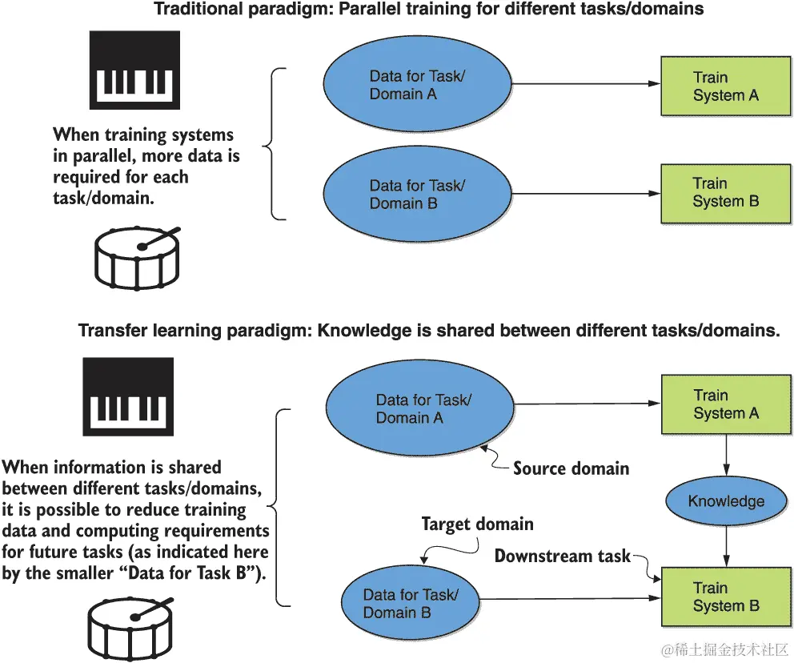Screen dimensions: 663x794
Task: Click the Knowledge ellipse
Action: click(x=726, y=501)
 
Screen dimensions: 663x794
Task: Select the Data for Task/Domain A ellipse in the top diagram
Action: click(x=416, y=86)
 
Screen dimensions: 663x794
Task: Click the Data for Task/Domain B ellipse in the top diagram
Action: click(x=416, y=194)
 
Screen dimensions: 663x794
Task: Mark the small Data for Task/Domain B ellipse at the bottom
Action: click(x=411, y=603)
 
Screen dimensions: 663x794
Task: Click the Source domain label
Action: click(x=571, y=468)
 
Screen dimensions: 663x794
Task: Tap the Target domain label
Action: click(x=477, y=524)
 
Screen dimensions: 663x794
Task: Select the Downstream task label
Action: click(x=563, y=556)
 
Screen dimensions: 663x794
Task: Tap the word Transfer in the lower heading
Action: click(x=109, y=331)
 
